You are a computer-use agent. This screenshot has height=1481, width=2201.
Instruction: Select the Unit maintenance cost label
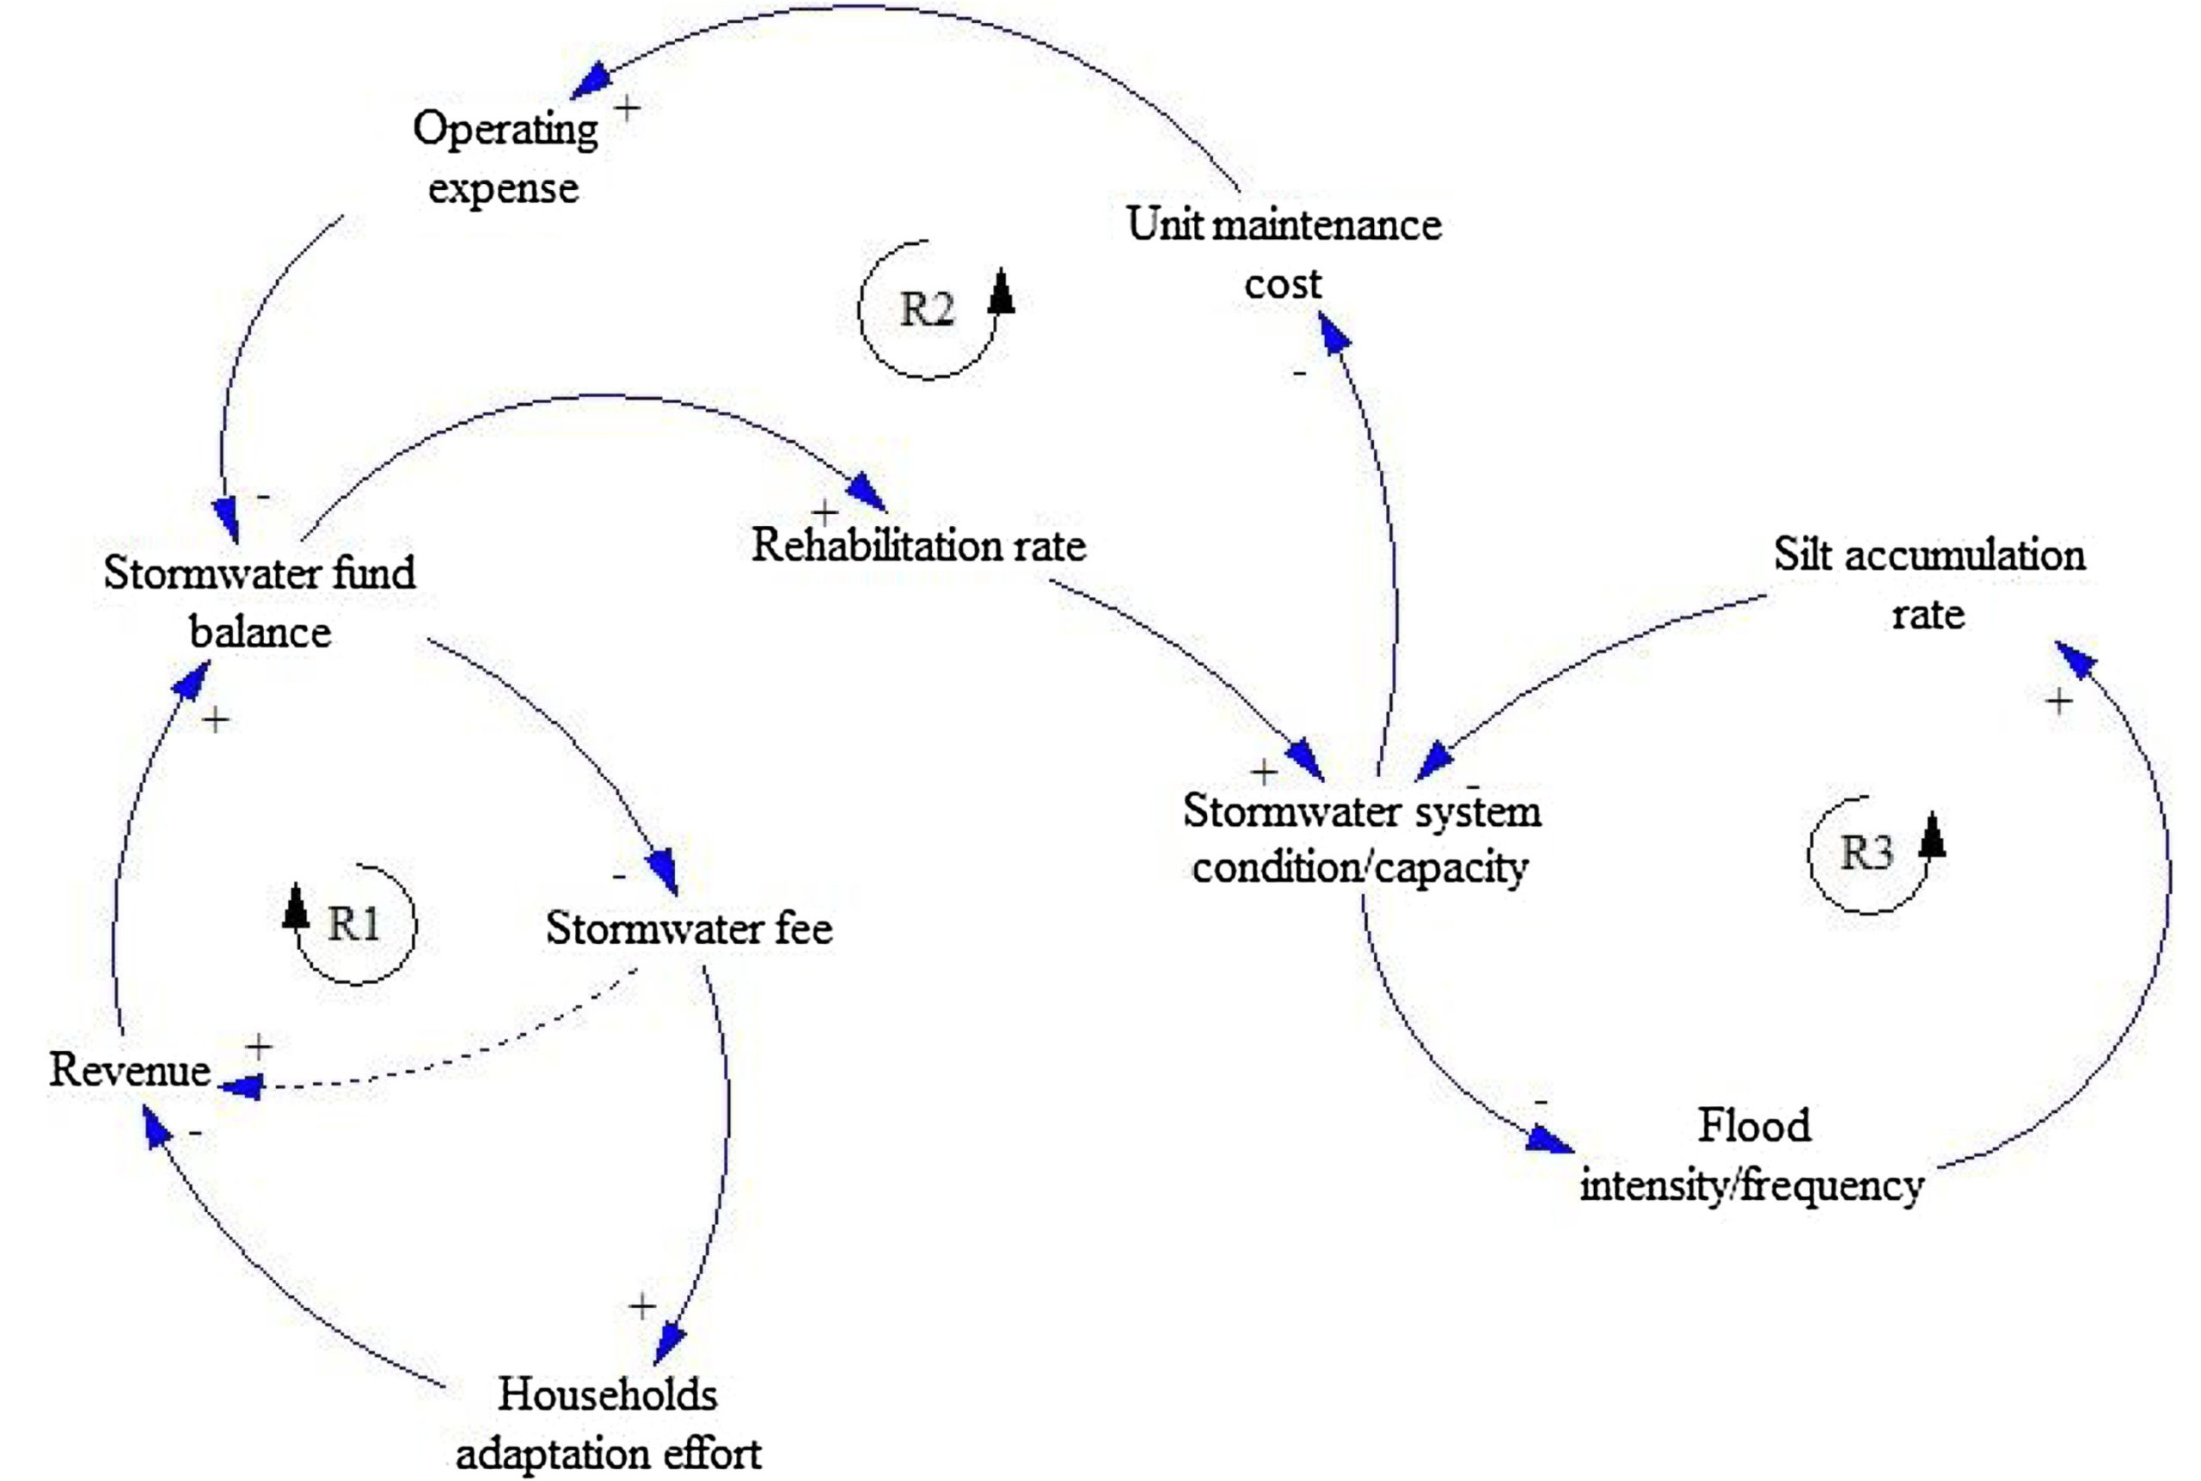click(x=1283, y=253)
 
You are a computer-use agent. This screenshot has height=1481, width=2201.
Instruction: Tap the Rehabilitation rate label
click(x=918, y=546)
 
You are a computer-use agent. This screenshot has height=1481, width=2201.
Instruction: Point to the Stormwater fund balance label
click(x=259, y=602)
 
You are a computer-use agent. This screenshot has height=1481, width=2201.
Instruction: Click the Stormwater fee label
click(x=689, y=928)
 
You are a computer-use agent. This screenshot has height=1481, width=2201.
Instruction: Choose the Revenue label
click(x=130, y=1070)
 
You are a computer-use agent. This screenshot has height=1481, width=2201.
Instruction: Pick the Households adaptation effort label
click(x=607, y=1423)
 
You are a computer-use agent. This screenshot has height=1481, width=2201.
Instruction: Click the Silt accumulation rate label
click(x=1928, y=584)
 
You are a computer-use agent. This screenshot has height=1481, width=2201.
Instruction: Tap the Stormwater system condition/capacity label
click(x=1360, y=839)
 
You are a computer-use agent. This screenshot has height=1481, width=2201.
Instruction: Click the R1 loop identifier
click(x=353, y=924)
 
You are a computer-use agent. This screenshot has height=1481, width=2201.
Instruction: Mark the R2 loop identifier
click(x=926, y=309)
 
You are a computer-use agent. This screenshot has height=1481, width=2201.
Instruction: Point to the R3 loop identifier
click(x=1867, y=853)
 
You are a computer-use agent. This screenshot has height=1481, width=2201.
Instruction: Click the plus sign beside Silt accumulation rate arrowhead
click(x=2058, y=701)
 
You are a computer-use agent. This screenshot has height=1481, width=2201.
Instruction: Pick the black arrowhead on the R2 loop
click(x=1002, y=291)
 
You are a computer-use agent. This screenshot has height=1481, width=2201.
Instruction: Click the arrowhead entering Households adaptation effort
click(x=671, y=1341)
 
